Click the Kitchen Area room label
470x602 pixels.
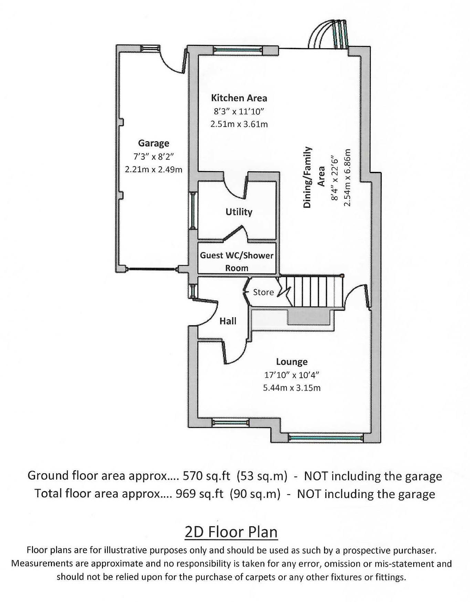(239, 98)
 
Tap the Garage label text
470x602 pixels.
(154, 143)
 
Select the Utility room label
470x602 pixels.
(239, 211)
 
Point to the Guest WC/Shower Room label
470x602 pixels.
(237, 261)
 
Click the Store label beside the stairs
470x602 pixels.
(263, 292)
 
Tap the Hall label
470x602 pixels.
(228, 321)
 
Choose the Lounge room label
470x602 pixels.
(292, 362)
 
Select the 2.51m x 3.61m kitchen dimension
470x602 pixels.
(239, 124)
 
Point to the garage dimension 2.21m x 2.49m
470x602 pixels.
(154, 169)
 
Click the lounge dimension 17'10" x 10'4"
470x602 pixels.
(292, 375)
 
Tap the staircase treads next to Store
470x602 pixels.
(317, 291)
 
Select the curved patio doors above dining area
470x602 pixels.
(329, 34)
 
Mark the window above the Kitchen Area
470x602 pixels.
(237, 50)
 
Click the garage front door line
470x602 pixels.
(152, 269)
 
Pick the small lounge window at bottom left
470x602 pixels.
(230, 422)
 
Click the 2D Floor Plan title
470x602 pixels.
(231, 532)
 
